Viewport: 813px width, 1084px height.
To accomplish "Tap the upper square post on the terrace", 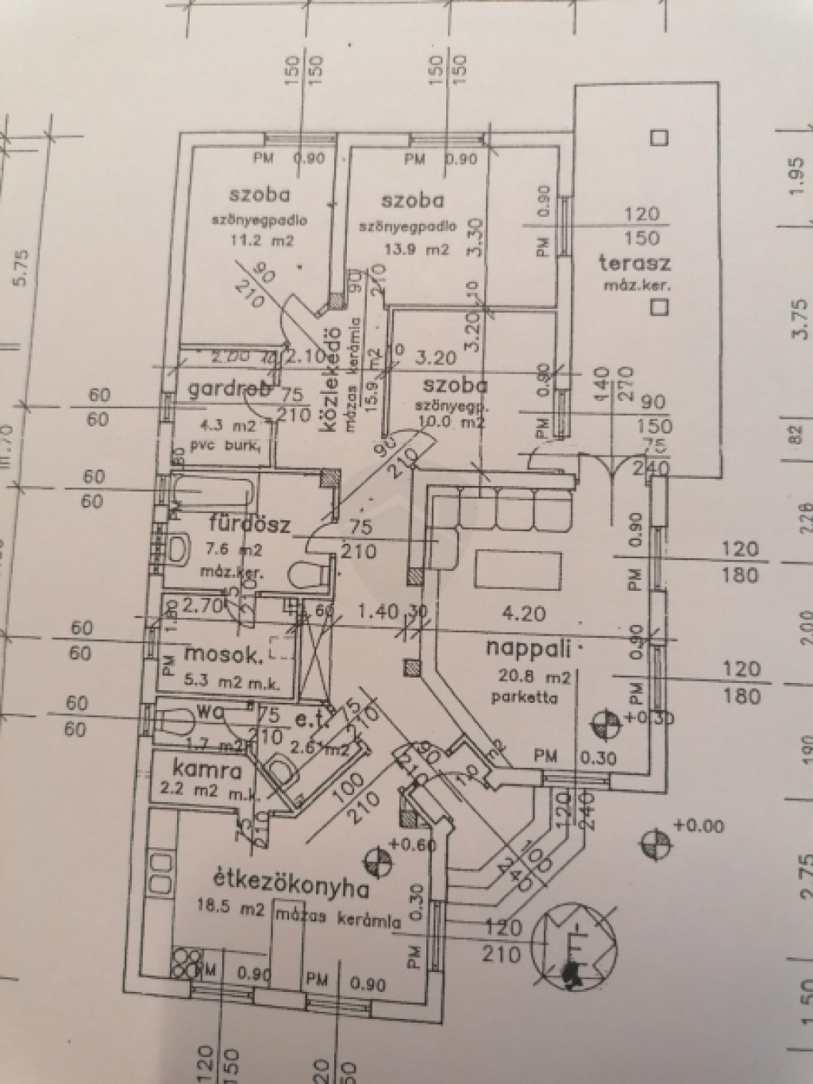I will click(x=658, y=138).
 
